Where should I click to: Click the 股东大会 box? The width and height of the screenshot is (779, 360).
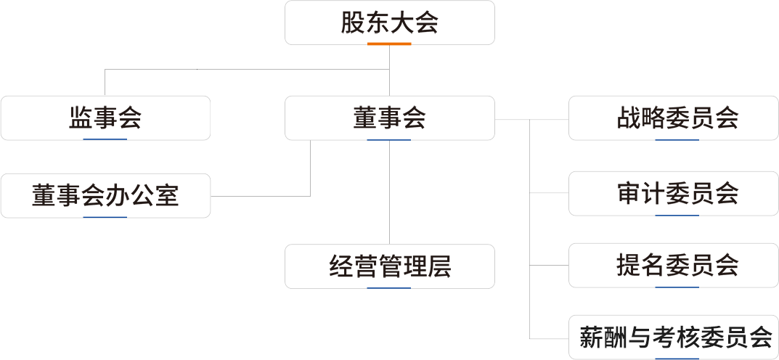[x=390, y=22]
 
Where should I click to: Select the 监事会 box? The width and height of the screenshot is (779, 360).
[x=105, y=118]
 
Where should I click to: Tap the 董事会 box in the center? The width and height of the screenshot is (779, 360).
[x=390, y=118]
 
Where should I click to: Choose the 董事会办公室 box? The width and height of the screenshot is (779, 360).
[x=105, y=195]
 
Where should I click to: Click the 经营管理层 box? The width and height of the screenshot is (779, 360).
[x=390, y=266]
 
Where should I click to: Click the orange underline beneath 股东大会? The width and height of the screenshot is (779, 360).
[x=389, y=44]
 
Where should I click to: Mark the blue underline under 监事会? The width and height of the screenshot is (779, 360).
[x=105, y=139]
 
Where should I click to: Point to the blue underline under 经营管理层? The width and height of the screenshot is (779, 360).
[x=389, y=287]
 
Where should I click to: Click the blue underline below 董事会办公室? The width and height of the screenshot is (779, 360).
[x=105, y=216]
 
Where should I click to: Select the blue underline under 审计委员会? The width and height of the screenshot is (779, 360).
[x=677, y=215]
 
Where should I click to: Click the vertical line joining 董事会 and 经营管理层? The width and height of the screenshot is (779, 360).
[x=390, y=192]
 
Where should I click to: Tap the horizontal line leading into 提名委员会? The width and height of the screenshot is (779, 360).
[x=549, y=266]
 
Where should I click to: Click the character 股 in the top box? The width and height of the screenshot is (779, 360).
[x=354, y=22]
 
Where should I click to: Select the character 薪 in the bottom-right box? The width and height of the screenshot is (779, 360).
[x=591, y=337]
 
